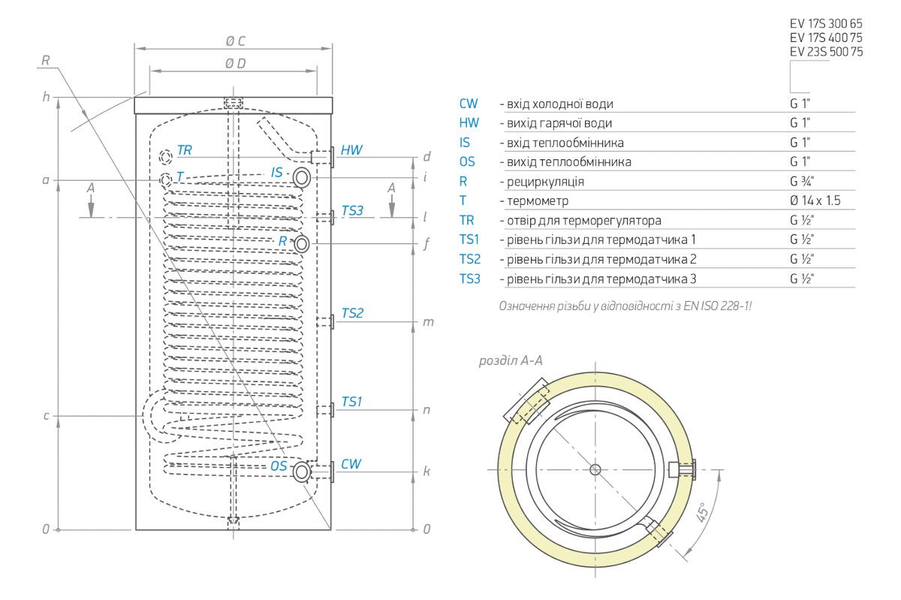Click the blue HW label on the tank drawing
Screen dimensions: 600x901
[351, 150]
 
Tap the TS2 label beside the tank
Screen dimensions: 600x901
[352, 313]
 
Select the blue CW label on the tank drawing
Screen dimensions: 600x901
[351, 464]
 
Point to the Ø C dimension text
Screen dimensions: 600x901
[235, 42]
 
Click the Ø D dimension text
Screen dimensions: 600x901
[235, 64]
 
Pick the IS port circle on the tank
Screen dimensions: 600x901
[302, 178]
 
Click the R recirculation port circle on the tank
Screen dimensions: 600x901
[302, 244]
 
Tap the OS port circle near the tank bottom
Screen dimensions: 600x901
[302, 472]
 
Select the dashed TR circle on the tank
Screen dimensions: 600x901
[166, 157]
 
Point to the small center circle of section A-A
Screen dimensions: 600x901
[595, 470]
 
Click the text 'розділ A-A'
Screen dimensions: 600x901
[511, 361]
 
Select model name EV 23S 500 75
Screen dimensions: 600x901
[826, 52]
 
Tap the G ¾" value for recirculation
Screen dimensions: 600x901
[803, 182]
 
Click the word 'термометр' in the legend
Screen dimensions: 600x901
[538, 201]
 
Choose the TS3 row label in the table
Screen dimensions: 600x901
[470, 279]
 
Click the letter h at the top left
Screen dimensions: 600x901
[46, 97]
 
